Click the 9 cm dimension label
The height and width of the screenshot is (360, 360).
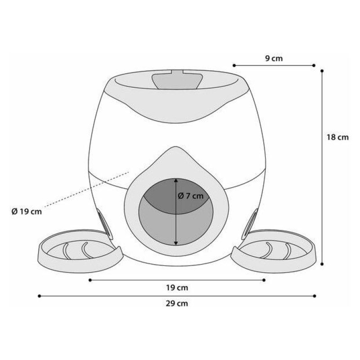[274, 58]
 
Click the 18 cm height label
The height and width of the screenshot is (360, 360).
[337, 137]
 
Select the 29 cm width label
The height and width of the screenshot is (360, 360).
[177, 303]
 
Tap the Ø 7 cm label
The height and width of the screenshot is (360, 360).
[190, 196]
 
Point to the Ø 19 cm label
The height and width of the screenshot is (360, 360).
[27, 211]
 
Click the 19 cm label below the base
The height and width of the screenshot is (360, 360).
[177, 288]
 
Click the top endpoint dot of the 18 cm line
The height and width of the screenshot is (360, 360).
[322, 71]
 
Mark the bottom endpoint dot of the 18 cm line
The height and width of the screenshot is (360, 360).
[322, 264]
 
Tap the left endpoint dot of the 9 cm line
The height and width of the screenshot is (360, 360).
[234, 65]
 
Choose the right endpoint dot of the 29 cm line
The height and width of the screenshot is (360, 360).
[315, 296]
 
